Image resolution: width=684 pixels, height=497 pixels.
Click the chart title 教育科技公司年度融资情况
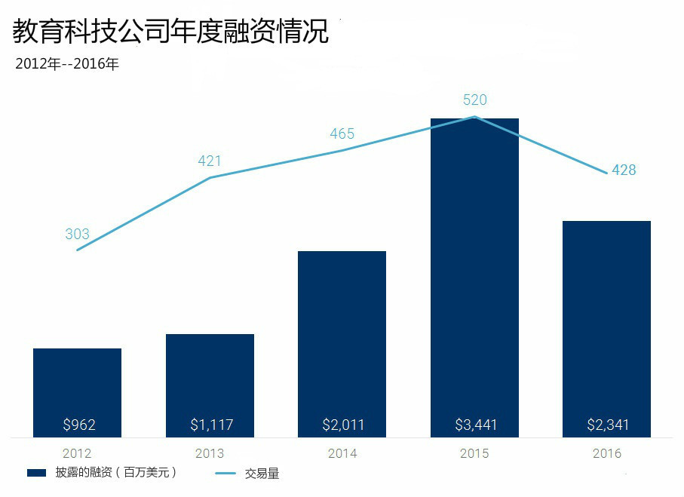(171, 32)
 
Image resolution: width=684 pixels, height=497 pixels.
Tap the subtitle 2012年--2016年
(67, 64)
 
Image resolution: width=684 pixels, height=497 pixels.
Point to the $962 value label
(78, 425)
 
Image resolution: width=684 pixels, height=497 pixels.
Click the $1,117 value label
(211, 425)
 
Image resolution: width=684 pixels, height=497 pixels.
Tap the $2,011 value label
(343, 425)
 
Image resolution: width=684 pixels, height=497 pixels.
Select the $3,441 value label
(476, 425)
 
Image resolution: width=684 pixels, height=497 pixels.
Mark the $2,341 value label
(608, 425)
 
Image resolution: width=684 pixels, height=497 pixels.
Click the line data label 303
(77, 235)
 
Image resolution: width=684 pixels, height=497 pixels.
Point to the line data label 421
(210, 161)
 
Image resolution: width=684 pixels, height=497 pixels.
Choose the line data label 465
(342, 134)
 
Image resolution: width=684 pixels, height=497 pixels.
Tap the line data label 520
(474, 100)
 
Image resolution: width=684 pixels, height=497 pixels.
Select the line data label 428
(624, 170)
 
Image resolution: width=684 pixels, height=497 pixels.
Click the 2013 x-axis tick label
(210, 454)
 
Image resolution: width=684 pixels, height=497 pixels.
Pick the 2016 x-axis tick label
(607, 454)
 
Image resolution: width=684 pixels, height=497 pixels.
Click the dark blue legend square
(37, 473)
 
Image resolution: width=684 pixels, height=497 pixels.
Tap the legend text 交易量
(262, 474)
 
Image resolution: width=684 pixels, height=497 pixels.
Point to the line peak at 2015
(474, 117)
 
